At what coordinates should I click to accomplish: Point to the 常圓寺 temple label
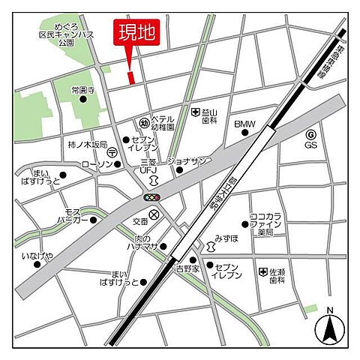[83, 90]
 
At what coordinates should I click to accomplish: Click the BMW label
[244, 124]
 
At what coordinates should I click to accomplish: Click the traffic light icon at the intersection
[154, 197]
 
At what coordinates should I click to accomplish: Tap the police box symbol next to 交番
[154, 214]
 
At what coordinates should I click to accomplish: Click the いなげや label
[37, 256]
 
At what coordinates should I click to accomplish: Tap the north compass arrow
[328, 328]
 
